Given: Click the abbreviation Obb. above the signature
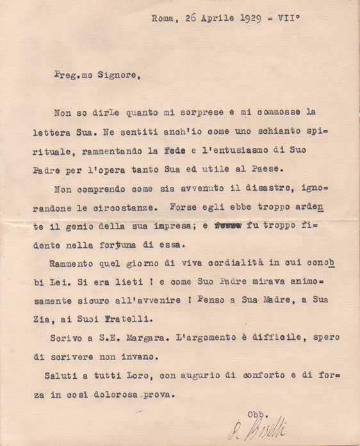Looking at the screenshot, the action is pos(255,414).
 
